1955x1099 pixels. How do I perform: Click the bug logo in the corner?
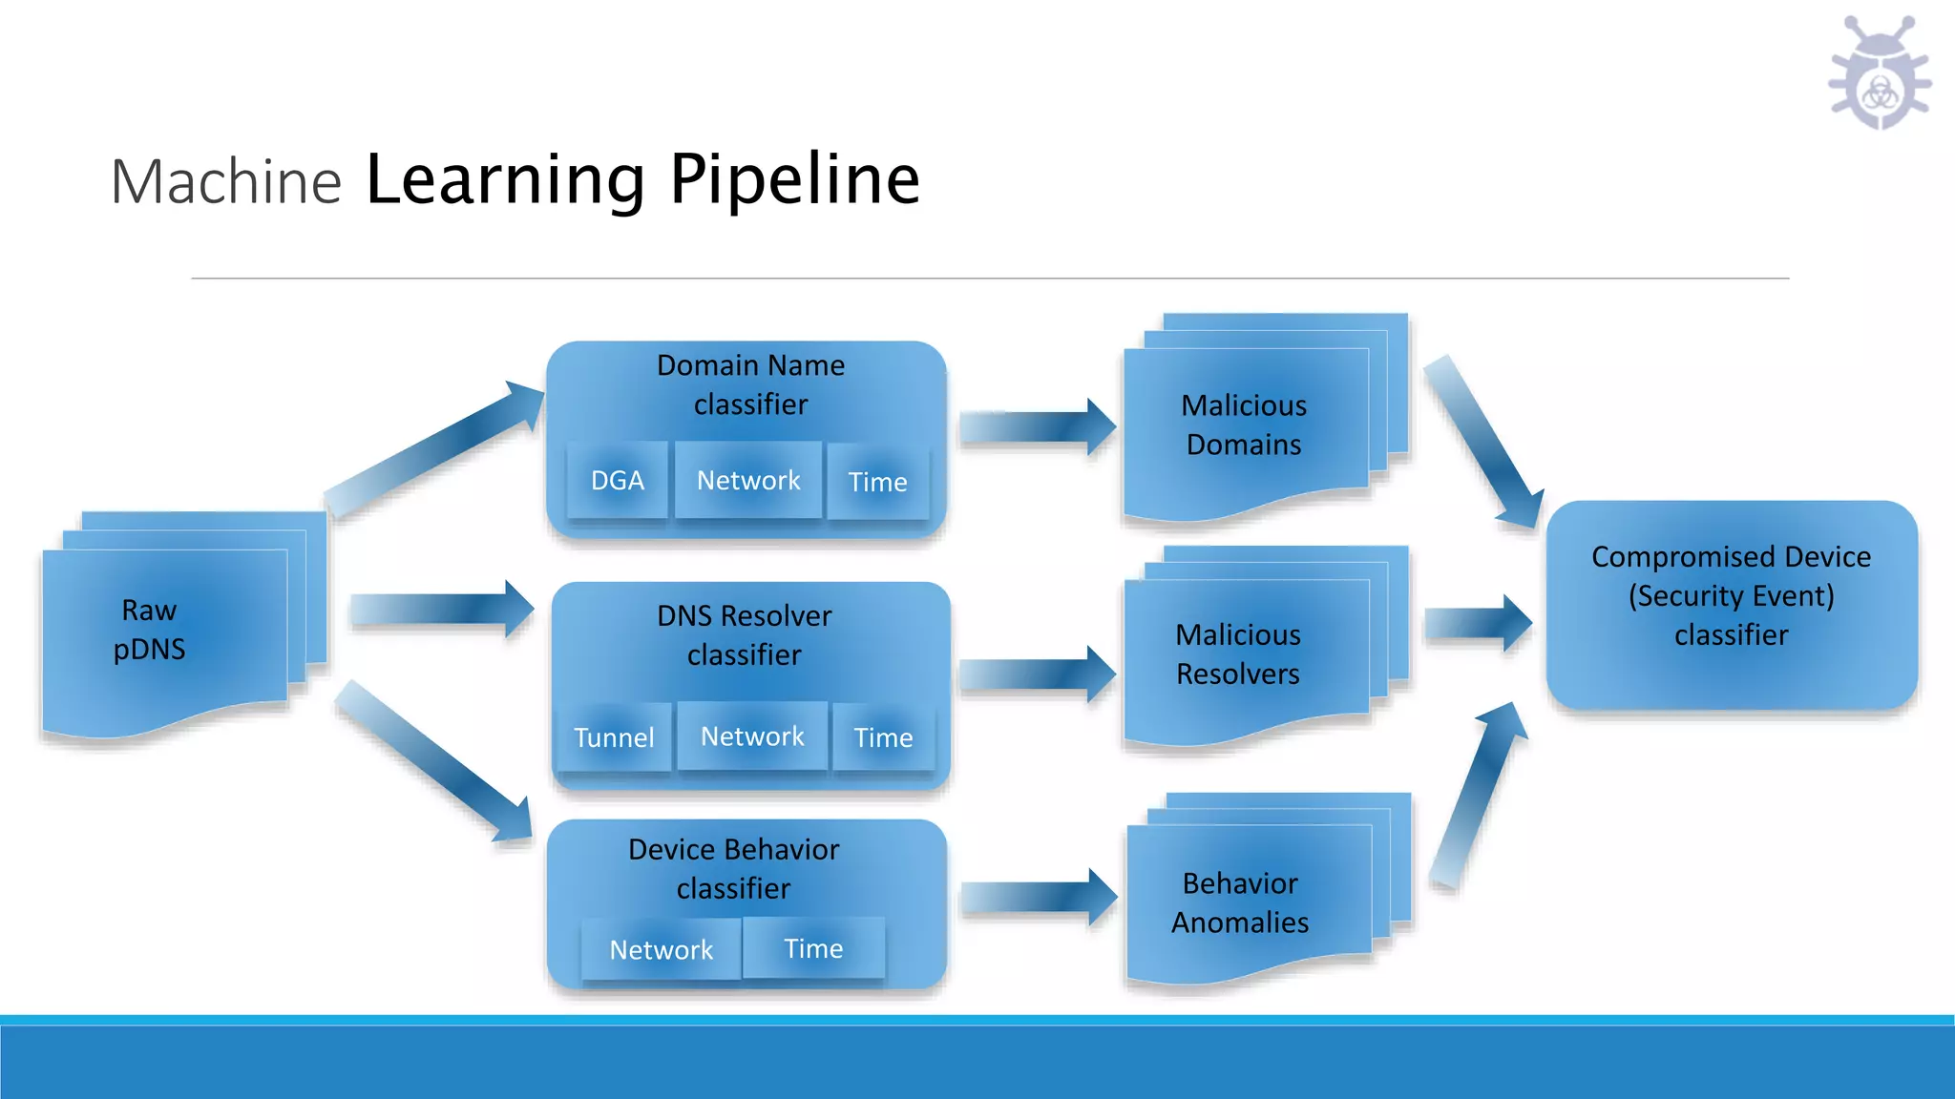point(1880,74)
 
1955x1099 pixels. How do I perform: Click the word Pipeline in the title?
point(794,179)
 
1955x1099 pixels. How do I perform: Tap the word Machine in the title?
point(226,181)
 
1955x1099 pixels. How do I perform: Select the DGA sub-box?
point(618,480)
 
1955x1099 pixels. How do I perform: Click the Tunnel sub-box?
point(614,736)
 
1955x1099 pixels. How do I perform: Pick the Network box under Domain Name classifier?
point(748,480)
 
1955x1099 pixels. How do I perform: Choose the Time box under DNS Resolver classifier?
point(883,736)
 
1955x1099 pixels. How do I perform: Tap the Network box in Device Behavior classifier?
point(661,949)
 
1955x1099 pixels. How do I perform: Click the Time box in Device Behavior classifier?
point(813,947)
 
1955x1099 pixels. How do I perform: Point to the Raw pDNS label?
point(150,630)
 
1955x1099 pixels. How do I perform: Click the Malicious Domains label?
point(1244,425)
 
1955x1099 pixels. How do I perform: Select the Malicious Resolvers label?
point(1238,654)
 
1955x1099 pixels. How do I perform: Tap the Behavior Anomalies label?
point(1240,902)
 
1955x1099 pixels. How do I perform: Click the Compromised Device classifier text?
point(1731,595)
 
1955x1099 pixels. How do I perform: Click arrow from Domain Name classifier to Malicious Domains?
point(1037,426)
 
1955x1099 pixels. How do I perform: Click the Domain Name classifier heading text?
point(750,384)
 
